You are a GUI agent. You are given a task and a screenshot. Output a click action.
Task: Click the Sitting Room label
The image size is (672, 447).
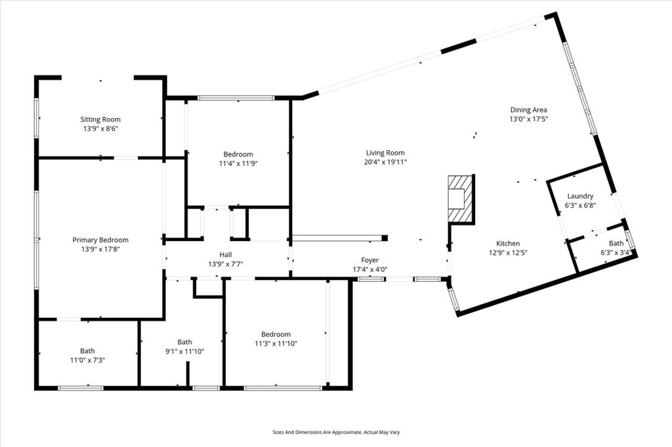click(x=100, y=119)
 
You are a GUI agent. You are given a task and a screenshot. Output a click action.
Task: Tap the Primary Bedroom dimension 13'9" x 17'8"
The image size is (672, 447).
click(x=100, y=249)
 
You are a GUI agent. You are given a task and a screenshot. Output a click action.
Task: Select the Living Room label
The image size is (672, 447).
click(x=385, y=153)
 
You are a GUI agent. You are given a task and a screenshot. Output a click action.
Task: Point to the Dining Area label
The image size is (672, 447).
click(x=528, y=110)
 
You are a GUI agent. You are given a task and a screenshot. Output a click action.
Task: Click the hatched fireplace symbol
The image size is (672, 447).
click(x=461, y=199)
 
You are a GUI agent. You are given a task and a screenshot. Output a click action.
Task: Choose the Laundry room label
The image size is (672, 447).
click(x=580, y=196)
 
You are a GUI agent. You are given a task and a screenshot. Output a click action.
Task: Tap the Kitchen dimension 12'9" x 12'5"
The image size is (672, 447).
click(x=509, y=252)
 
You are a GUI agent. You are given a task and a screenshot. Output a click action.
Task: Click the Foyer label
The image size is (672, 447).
click(x=370, y=260)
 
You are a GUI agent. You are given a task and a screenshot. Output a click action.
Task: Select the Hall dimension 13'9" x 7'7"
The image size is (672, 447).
click(x=226, y=264)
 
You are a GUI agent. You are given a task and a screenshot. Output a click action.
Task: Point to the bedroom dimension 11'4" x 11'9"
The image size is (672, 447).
click(x=238, y=163)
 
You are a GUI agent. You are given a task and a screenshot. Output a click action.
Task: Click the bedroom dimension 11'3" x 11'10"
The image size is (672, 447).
click(x=276, y=343)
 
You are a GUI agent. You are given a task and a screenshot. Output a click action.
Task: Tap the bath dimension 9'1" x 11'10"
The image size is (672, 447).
click(x=184, y=351)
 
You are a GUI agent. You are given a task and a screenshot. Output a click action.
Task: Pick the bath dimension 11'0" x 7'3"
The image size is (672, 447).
click(x=87, y=360)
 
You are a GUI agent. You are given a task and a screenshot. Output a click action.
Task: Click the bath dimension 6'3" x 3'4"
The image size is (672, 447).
click(x=616, y=252)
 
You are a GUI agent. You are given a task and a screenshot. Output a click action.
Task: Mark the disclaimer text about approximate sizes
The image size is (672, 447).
click(x=336, y=433)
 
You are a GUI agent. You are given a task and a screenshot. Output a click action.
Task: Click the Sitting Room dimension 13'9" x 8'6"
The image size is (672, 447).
click(x=100, y=128)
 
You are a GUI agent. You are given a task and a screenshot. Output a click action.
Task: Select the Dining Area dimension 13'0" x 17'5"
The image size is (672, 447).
click(x=528, y=119)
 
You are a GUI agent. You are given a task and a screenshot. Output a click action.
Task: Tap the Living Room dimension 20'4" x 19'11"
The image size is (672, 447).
click(x=385, y=162)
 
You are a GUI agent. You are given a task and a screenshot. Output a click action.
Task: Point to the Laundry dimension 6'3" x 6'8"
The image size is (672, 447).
click(x=580, y=205)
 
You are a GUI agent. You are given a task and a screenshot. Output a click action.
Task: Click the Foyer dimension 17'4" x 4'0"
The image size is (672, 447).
click(x=370, y=269)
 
